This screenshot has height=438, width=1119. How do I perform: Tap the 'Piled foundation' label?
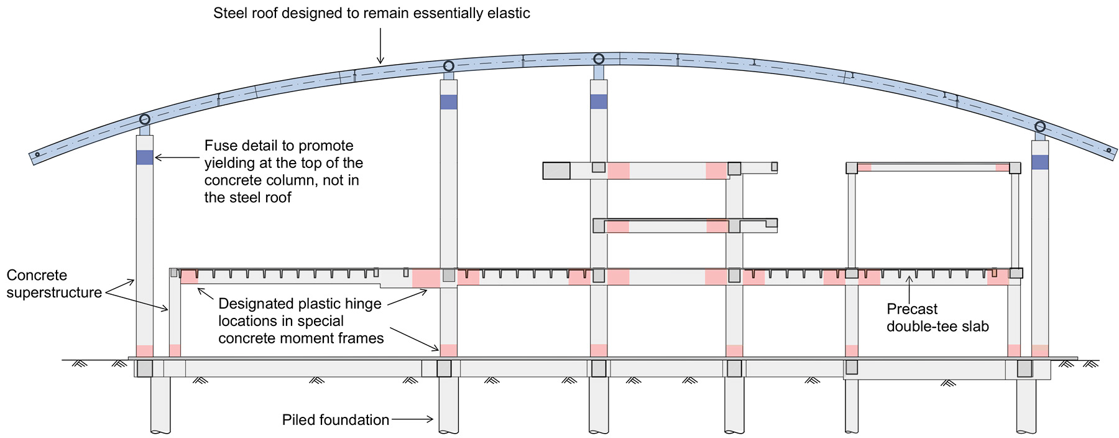335,420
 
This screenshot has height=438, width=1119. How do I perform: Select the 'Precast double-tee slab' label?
937,317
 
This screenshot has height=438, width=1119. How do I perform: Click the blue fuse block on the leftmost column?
144,157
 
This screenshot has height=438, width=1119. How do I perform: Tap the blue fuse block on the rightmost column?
1039,162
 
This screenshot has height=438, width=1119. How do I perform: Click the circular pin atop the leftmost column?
144,119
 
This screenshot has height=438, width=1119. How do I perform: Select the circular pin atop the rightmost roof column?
1039,127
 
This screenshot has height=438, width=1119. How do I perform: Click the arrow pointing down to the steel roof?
380,47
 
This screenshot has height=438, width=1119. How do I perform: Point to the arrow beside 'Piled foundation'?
412,419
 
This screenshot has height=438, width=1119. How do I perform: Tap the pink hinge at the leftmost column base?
144,351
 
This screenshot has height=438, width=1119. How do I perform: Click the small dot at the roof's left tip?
37,154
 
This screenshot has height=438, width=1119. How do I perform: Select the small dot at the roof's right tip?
1108,150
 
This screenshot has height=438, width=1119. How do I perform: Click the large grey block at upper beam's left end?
556,170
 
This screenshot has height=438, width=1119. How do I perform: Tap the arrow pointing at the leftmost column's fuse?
177,158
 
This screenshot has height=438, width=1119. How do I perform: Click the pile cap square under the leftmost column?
144,368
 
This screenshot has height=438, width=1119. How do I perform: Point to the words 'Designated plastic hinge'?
300,304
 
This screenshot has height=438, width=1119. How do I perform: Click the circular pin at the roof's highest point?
599,58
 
